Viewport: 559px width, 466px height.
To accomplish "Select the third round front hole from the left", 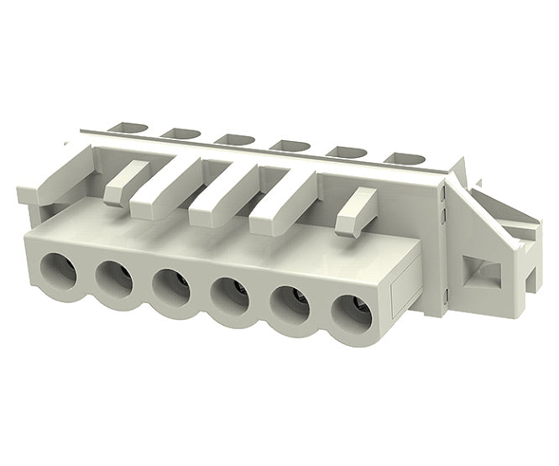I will pyautogui.click(x=172, y=287).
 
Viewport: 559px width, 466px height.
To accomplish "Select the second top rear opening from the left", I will pyautogui.click(x=178, y=133).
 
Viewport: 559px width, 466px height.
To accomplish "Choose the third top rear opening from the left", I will pyautogui.click(x=231, y=138).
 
